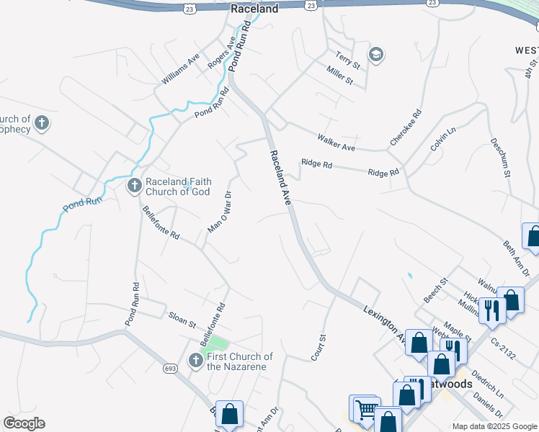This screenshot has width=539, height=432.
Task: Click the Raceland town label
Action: tap(254, 9)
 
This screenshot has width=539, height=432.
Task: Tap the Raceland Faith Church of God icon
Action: tap(134, 186)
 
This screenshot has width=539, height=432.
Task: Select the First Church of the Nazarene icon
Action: tap(195, 361)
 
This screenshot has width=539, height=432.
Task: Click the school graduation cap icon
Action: tap(375, 55)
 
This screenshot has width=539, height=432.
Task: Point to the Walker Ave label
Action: tap(337, 142)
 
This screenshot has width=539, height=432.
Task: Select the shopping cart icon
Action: tap(365, 410)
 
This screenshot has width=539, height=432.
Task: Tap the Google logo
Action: tap(24, 423)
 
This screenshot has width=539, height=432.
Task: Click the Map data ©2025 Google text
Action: tap(494, 426)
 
